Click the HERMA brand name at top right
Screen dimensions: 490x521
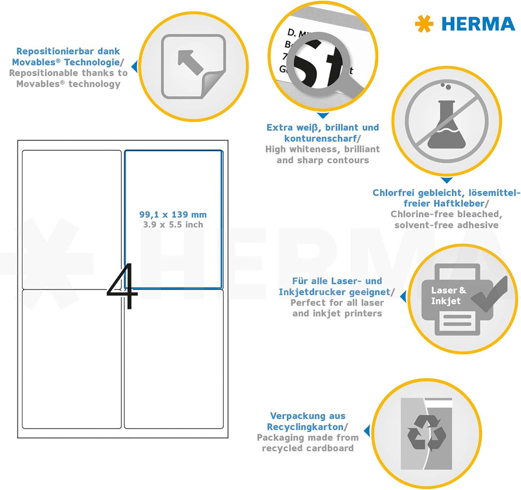pyautogui.click(x=478, y=24)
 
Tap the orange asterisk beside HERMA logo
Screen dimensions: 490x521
pyautogui.click(x=424, y=24)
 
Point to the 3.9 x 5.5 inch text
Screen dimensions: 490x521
pyautogui.click(x=173, y=225)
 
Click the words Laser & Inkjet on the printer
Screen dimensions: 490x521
pyautogui.click(x=448, y=296)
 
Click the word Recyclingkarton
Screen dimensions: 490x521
pyautogui.click(x=305, y=427)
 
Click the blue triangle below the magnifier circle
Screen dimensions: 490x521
pyautogui.click(x=323, y=116)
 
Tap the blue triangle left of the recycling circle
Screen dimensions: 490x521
pyautogui.click(x=367, y=431)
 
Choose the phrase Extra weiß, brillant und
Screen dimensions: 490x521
pyautogui.click(x=322, y=128)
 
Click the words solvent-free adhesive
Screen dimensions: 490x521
pyautogui.click(x=446, y=225)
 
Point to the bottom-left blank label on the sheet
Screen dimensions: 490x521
pyautogui.click(x=72, y=359)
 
